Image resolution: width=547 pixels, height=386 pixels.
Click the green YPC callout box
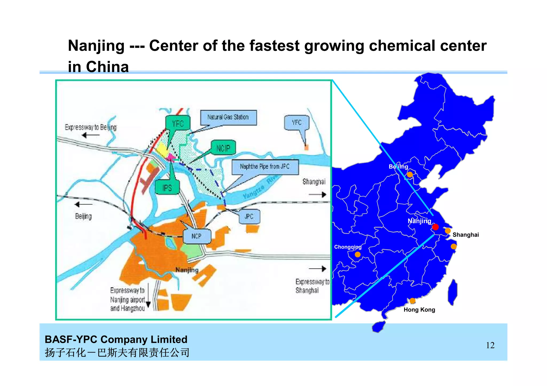point(178,123)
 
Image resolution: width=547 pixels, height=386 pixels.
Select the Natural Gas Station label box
point(228,117)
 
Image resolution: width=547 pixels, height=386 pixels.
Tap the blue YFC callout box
point(297,122)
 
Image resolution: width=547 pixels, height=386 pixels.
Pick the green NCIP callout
point(223,148)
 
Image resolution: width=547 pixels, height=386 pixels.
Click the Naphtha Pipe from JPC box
point(265,167)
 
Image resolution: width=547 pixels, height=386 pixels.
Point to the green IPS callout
point(167,188)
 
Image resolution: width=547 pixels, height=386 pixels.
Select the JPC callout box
point(249,216)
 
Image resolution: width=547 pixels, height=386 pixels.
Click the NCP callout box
point(197,236)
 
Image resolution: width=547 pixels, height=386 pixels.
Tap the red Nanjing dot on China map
point(435,227)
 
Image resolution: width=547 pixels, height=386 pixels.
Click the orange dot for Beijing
point(410,175)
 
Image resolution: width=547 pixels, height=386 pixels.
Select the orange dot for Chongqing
point(358,254)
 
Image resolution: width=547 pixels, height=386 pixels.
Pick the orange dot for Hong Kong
point(412,301)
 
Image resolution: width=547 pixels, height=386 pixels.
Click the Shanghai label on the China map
point(466,235)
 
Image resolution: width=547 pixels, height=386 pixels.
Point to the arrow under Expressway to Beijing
point(91,135)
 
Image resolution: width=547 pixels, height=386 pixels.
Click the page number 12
point(490,345)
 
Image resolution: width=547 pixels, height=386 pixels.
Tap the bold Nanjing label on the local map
point(187,270)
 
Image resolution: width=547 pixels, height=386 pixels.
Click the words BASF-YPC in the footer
point(71,339)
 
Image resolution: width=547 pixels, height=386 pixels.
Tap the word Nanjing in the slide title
point(96,46)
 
